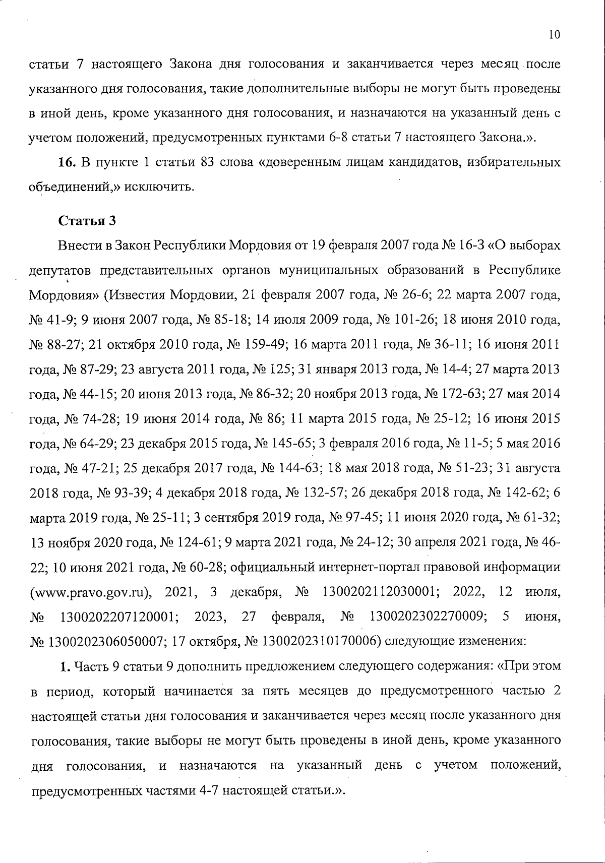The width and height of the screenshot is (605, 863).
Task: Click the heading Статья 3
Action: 87,221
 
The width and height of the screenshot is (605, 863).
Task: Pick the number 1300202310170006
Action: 319,641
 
